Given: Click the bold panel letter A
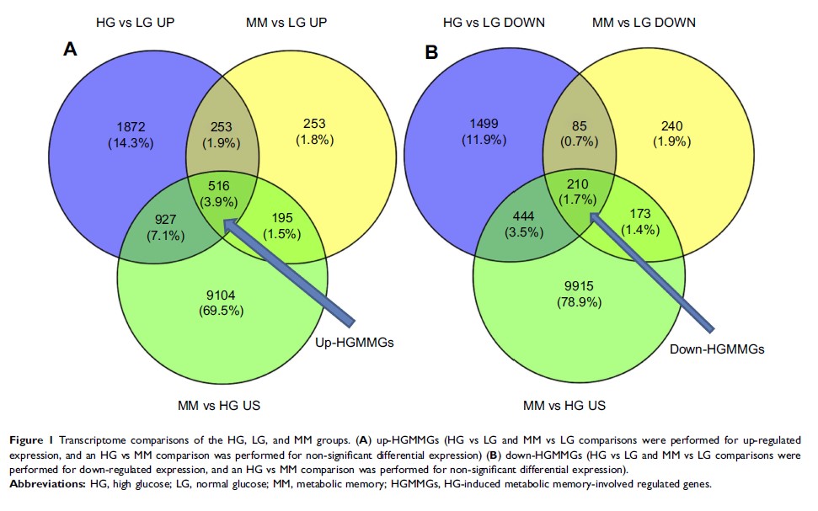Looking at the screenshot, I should [71, 51].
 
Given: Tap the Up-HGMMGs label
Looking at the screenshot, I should [355, 343].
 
